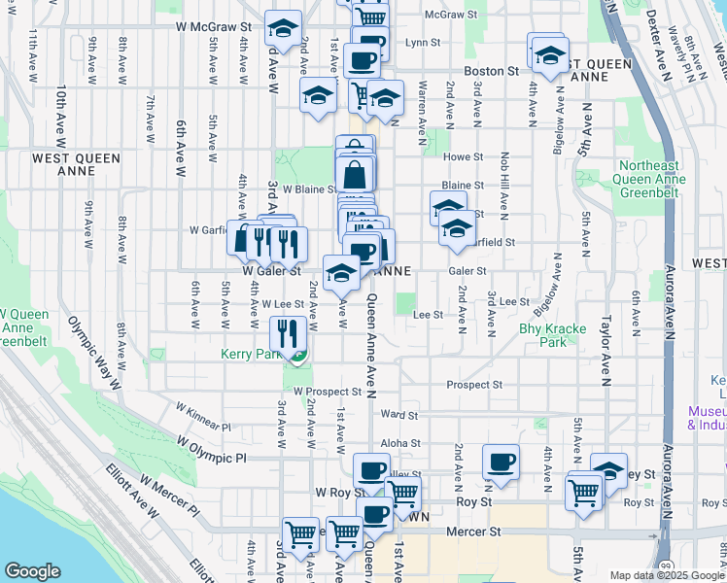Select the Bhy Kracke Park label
pyautogui.click(x=552, y=335)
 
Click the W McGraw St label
pyautogui.click(x=214, y=27)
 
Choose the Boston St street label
pyautogui.click(x=491, y=71)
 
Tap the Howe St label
pyautogui.click(x=463, y=156)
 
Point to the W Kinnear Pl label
pyautogui.click(x=203, y=417)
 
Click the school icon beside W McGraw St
pyautogui.click(x=283, y=29)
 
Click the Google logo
pyautogui.click(x=32, y=571)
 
